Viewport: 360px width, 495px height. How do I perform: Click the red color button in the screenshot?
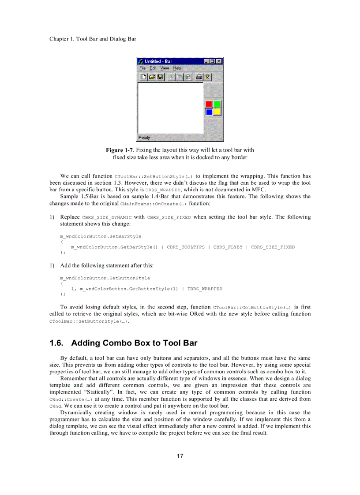(x=209, y=104)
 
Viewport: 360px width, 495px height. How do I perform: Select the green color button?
(x=217, y=104)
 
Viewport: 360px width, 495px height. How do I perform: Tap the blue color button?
(x=209, y=112)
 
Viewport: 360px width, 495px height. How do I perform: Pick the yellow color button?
(x=217, y=112)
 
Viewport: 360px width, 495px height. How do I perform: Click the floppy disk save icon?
(x=160, y=77)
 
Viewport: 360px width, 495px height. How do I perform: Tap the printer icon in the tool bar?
(x=199, y=77)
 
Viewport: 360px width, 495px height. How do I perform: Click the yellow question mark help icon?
(x=207, y=77)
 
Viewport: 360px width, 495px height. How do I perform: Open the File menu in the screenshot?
(x=142, y=68)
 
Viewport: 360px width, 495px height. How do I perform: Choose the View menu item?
(x=165, y=68)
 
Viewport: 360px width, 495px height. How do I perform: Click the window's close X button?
(x=219, y=61)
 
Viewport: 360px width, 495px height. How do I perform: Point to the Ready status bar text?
(x=144, y=138)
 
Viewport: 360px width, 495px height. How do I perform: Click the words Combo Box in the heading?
(x=131, y=343)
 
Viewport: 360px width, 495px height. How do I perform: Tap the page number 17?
(x=180, y=456)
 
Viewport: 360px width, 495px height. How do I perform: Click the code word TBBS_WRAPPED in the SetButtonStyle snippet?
(x=205, y=289)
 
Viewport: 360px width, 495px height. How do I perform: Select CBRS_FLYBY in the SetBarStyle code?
(x=228, y=247)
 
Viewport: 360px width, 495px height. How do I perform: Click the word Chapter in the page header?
(x=59, y=39)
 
